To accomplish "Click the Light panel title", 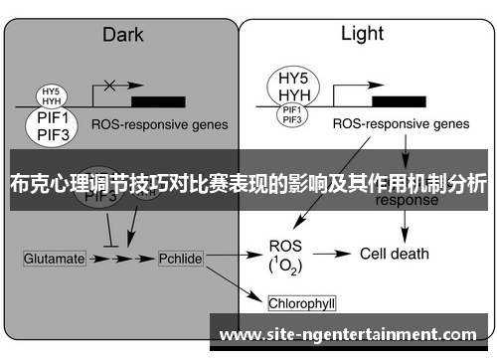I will [362, 34].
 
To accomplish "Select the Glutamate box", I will [54, 259].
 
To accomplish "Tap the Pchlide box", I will [181, 259].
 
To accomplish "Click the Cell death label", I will [394, 254].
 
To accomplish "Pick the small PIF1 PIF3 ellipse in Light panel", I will [292, 115].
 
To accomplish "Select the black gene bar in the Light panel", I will [395, 100].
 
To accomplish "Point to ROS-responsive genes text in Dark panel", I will [159, 126].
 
